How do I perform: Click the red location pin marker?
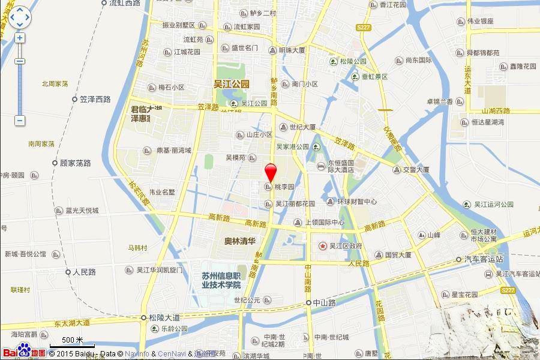tap(271, 172)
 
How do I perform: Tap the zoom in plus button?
tap(20, 38)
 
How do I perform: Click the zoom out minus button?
tap(20, 121)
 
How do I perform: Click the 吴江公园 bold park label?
tap(232, 85)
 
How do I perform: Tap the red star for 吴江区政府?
tap(323, 246)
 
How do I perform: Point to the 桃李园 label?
tap(284, 187)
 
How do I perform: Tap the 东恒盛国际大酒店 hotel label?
tap(341, 166)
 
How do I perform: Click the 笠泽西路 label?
tap(95, 99)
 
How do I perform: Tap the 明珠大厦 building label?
tap(292, 50)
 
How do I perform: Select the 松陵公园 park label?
tap(353, 61)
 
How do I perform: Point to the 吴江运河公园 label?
tap(494, 205)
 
